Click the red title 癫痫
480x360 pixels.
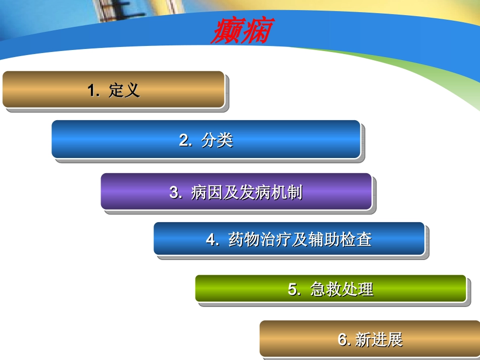tap(241, 31)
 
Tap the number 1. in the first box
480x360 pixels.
tap(93, 91)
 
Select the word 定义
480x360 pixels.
tap(124, 91)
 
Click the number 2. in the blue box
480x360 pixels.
tap(185, 140)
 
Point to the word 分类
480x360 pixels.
tap(217, 140)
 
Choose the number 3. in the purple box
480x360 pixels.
tap(176, 192)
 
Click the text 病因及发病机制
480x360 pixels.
tap(247, 192)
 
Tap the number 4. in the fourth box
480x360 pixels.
tap(212, 239)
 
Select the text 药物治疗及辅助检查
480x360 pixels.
tap(300, 239)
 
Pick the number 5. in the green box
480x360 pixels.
tap(295, 289)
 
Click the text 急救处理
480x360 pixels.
tap(342, 289)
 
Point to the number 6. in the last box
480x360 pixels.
tap(345, 340)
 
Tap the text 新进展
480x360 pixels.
tap(379, 340)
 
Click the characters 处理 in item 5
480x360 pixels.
tap(358, 289)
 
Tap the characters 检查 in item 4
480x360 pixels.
tap(360, 239)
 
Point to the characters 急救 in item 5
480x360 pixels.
tap(326, 289)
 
